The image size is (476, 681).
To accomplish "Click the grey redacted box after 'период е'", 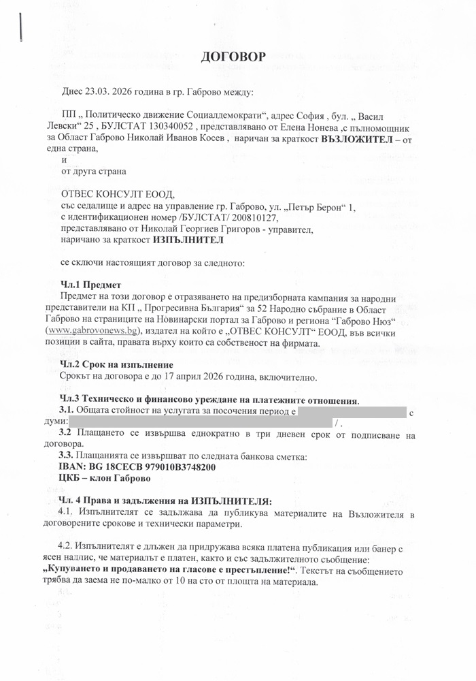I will (352, 412).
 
